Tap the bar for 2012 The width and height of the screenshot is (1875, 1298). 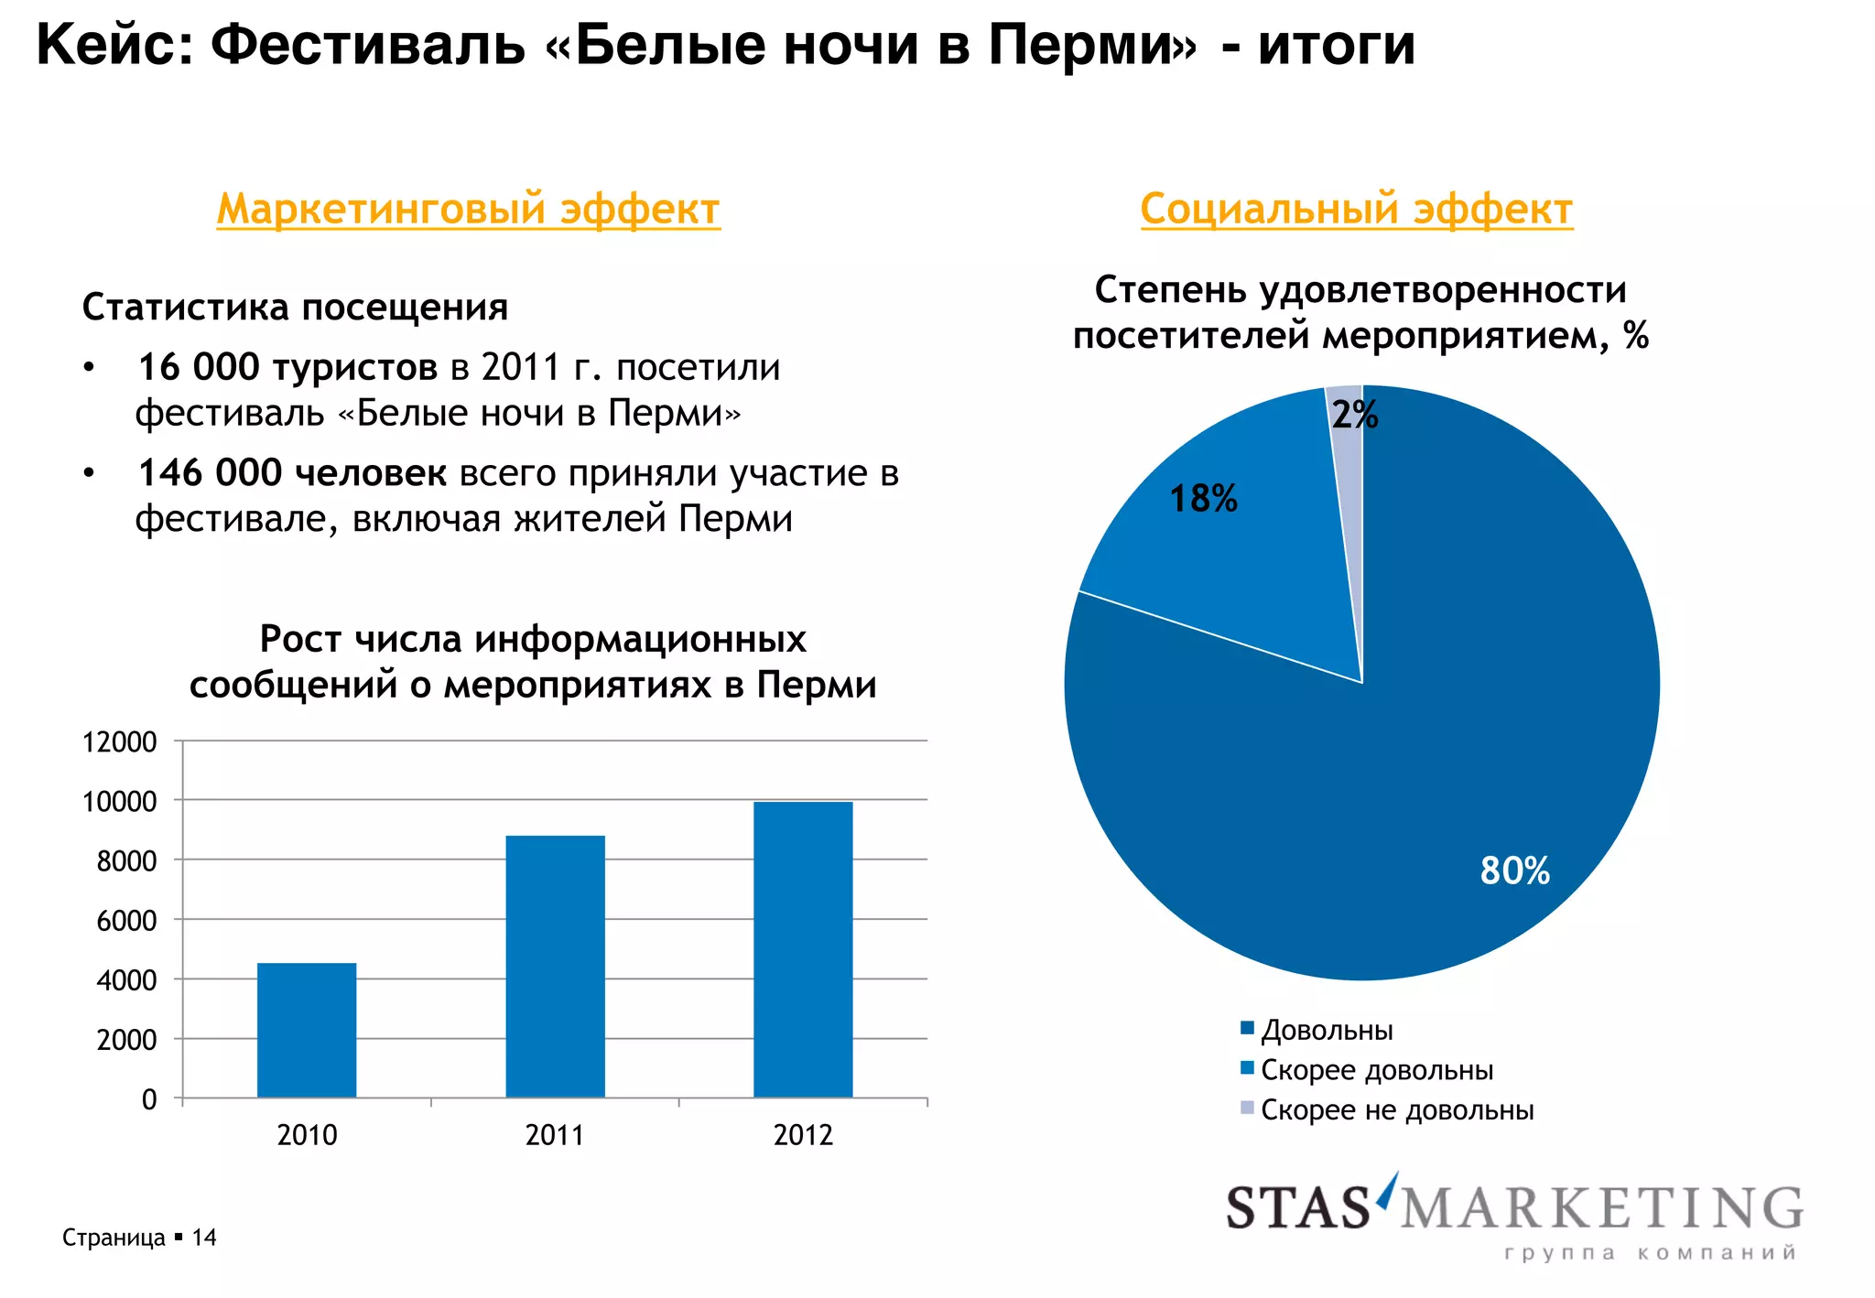[x=803, y=949]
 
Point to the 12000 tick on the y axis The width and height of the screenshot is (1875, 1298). [x=120, y=741]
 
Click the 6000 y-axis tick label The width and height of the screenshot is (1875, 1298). [x=126, y=920]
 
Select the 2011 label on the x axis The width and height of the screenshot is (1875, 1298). [x=554, y=1135]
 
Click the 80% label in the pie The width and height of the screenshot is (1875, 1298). [x=1514, y=871]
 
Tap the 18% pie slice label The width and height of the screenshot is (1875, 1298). [x=1203, y=499]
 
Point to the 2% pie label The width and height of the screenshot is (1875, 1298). [x=1354, y=415]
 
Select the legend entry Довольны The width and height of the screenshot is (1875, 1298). [x=1327, y=1030]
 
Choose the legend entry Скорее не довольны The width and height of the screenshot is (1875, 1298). [x=1396, y=1109]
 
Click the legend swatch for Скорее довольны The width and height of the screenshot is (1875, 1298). [x=1246, y=1068]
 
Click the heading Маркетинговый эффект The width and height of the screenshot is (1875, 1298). [x=468, y=209]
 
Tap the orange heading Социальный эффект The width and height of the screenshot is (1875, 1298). [x=1356, y=209]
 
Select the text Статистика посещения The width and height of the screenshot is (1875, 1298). [x=295, y=307]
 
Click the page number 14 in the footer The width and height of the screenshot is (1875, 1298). [x=204, y=1238]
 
